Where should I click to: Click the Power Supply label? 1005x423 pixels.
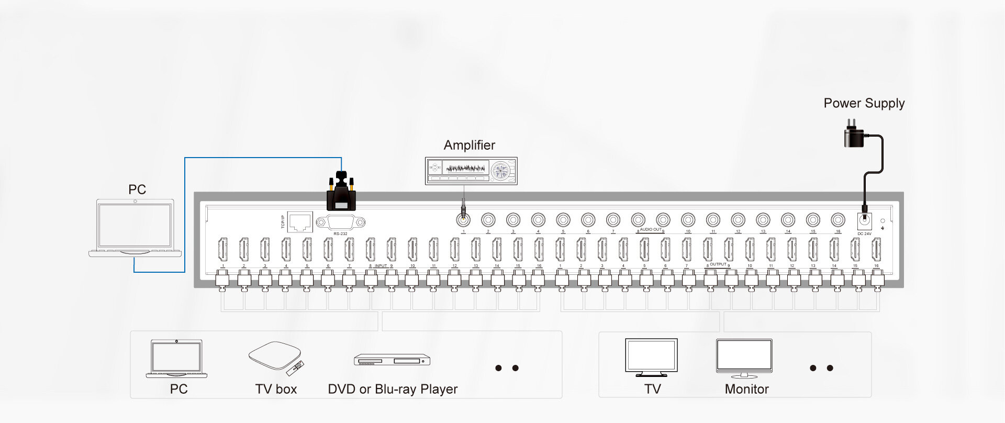(x=864, y=103)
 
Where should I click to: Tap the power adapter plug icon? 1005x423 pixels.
(x=854, y=135)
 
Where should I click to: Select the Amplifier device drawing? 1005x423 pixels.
(x=471, y=171)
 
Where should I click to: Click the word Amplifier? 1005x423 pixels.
(x=469, y=145)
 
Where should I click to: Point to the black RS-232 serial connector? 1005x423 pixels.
(x=341, y=192)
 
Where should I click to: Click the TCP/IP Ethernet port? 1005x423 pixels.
(x=300, y=222)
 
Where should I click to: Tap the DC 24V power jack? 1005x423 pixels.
(x=864, y=220)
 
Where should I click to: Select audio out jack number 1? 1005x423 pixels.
(x=463, y=220)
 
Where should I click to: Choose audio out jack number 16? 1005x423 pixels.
(x=837, y=220)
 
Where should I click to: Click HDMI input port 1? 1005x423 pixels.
(x=222, y=249)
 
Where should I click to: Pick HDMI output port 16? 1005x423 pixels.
(x=876, y=249)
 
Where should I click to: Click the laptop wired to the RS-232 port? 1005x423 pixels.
(x=135, y=228)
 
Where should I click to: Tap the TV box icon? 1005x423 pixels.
(x=275, y=358)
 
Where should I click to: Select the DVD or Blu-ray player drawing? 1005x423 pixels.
(x=392, y=360)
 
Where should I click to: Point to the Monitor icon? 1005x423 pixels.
(x=744, y=358)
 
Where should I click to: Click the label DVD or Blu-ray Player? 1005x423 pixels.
(x=392, y=389)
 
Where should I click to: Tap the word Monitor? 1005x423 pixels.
(x=746, y=389)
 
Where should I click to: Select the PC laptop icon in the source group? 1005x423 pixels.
(x=176, y=359)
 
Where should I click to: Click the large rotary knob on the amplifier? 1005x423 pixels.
(x=500, y=171)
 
